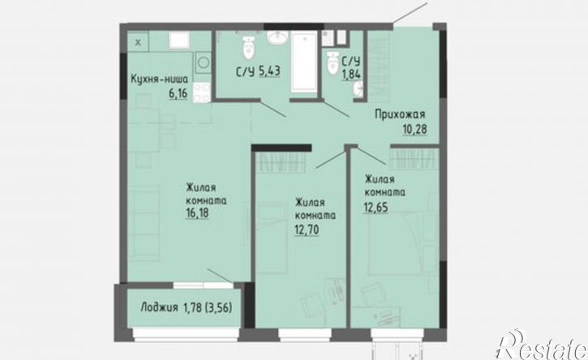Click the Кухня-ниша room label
[159, 79]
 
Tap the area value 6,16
[178, 93]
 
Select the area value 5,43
[269, 71]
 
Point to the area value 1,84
[351, 74]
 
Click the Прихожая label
[400, 114]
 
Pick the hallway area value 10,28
[414, 130]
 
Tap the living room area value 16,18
[197, 213]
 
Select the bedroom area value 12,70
[307, 229]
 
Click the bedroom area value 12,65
[376, 207]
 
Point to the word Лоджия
[159, 308]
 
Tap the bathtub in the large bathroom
[304, 62]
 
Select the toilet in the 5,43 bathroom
[248, 48]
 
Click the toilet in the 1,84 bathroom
[333, 62]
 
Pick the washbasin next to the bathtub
[277, 37]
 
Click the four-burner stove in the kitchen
[202, 92]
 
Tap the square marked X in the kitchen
[138, 42]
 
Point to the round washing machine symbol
[204, 62]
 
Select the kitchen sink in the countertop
[179, 41]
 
